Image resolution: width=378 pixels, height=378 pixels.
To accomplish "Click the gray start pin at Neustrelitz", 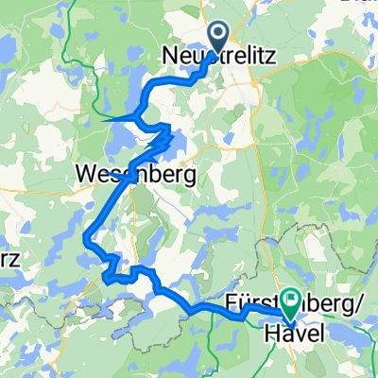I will click(218, 37).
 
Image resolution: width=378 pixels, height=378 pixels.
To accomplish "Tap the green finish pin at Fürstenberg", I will click(285, 301).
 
